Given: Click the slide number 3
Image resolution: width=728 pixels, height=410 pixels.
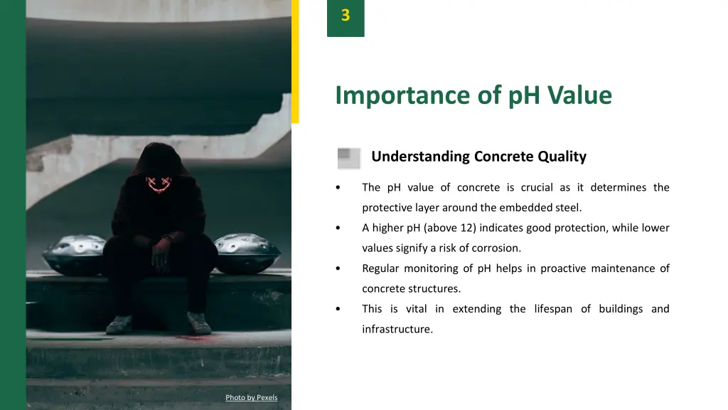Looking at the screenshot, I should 346,16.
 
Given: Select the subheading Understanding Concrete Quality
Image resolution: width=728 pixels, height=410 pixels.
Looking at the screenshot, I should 478,157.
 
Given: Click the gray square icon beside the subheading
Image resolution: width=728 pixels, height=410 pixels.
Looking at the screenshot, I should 349,158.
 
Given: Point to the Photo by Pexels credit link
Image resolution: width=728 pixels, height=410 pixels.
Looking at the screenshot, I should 252,397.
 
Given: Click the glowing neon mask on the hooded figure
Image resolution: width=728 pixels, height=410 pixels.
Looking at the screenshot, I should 160,184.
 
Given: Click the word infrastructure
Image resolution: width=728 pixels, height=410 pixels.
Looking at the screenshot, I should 397,330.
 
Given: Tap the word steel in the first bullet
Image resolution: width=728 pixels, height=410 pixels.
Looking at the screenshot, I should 569,209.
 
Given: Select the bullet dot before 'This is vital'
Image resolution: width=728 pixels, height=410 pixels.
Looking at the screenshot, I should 338,310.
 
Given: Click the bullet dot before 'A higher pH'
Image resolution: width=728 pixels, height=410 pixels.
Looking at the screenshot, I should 338,228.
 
